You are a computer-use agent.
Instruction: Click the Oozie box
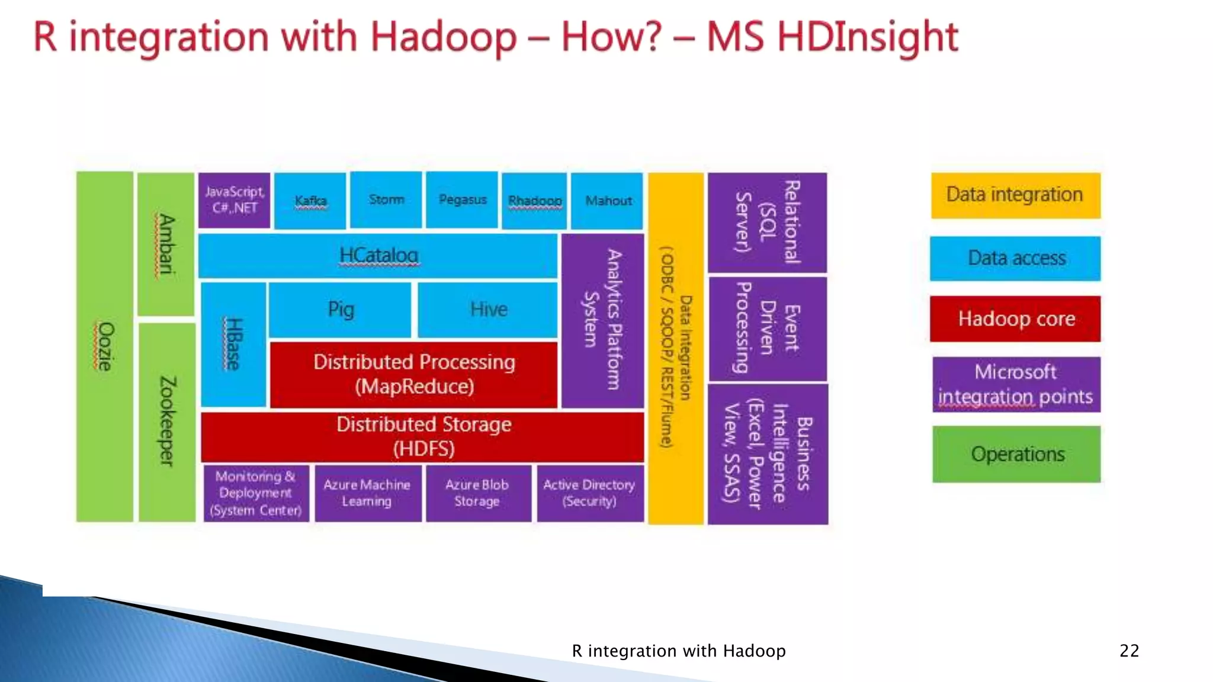coord(105,346)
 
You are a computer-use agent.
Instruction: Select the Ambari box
coord(166,244)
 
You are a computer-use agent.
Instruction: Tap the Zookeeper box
coord(167,422)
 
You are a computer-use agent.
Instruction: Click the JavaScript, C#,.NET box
coord(235,200)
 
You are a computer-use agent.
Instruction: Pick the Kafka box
coord(310,201)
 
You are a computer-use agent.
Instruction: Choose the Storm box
coord(386,200)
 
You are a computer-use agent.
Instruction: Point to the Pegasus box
coord(462,200)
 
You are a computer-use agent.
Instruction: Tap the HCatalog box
coord(378,256)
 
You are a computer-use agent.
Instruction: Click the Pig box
coord(340,310)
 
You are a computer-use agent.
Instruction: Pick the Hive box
coord(488,310)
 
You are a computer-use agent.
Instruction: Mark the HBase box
coord(233,345)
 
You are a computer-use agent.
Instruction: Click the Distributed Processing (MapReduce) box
coord(413,374)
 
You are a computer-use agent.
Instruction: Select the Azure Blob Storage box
coord(478,493)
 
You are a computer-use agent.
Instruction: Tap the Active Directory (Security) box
coord(590,493)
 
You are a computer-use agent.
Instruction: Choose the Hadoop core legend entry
coord(1016,319)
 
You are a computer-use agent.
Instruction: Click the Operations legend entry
coord(1017,454)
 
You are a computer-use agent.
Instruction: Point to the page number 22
coord(1129,651)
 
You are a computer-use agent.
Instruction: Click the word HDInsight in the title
coord(868,37)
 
